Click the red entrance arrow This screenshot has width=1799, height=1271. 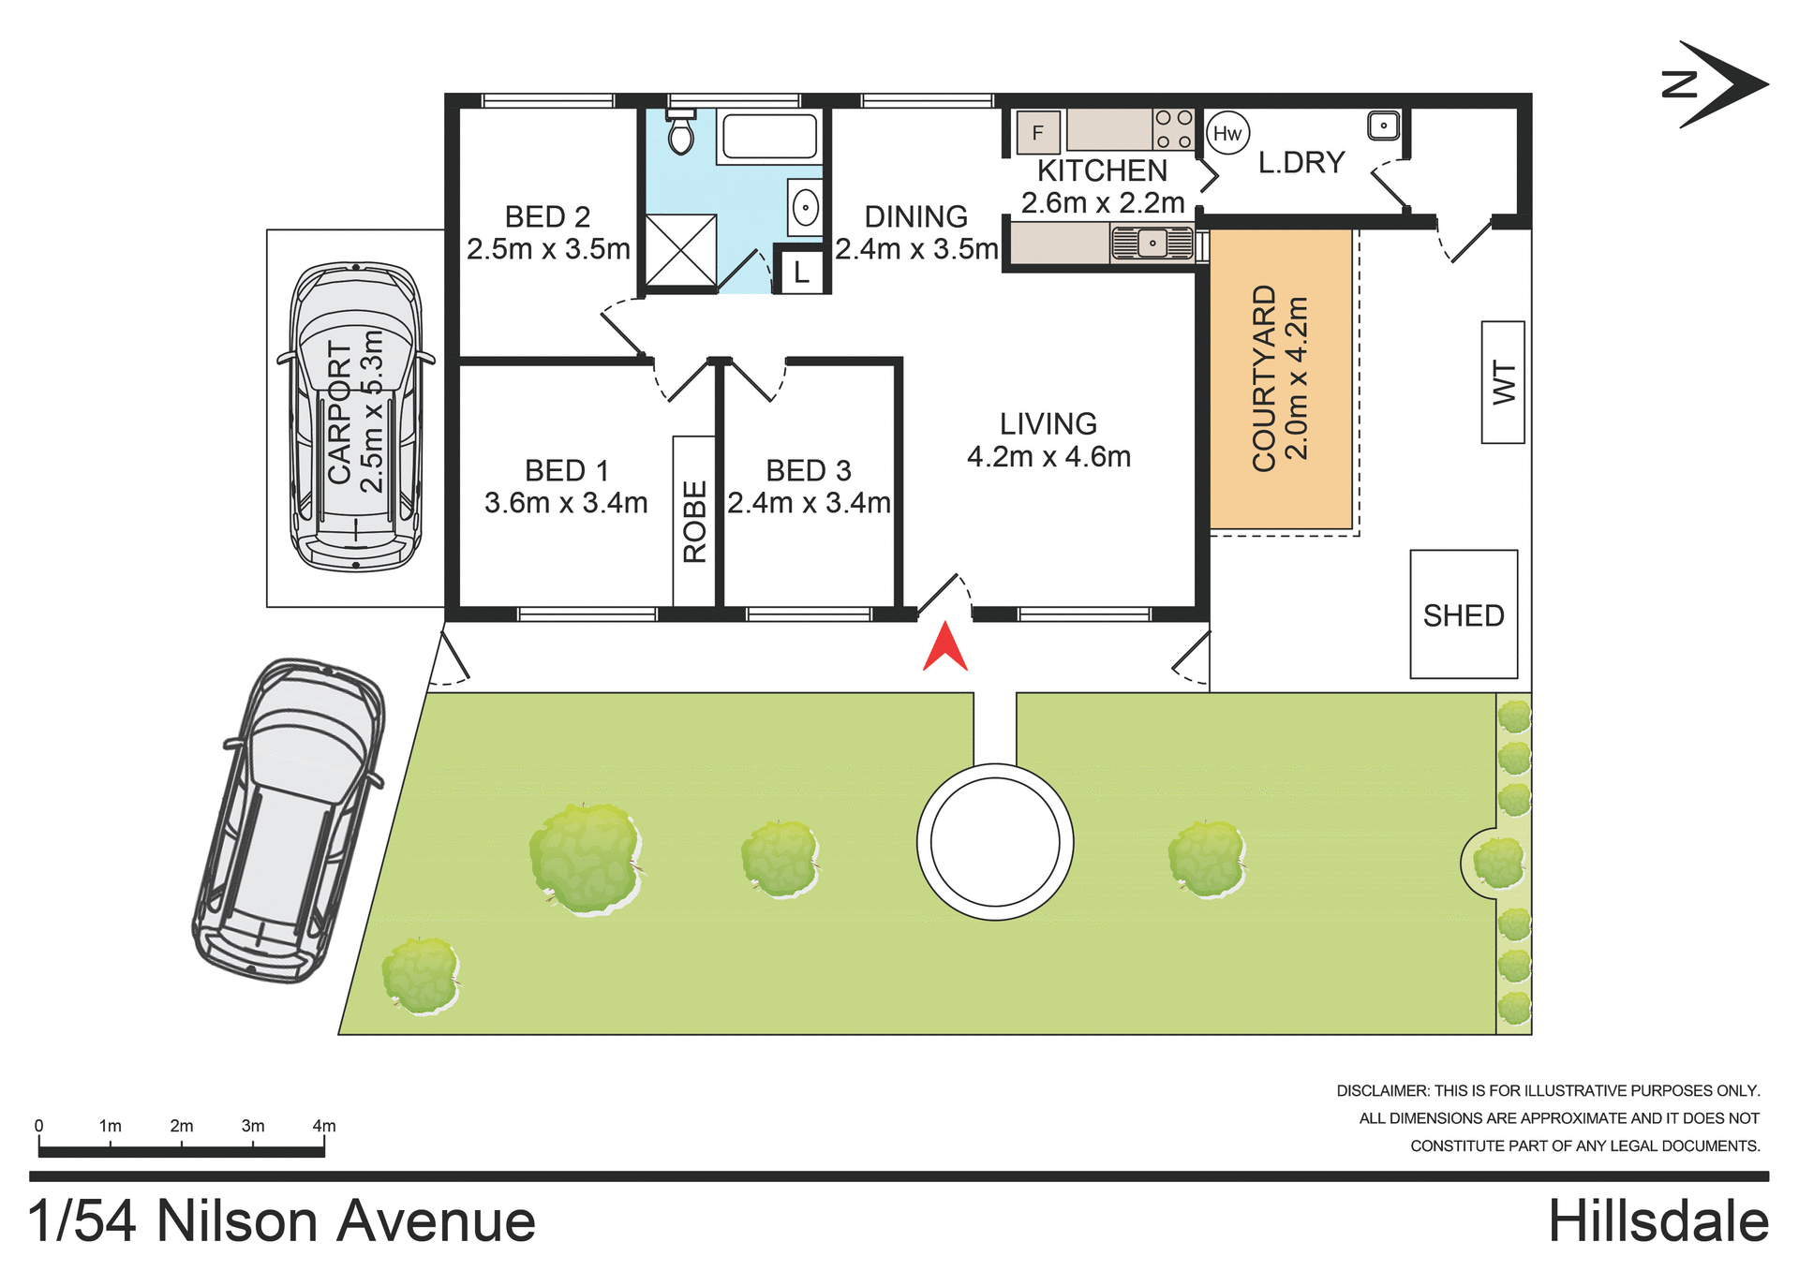coord(944,649)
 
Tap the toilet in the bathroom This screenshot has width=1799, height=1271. coord(681,132)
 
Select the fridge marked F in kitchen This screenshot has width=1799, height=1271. coord(1038,132)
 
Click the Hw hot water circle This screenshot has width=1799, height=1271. coord(1227,133)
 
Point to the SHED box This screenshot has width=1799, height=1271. coord(1464,614)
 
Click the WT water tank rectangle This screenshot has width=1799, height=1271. coord(1503,382)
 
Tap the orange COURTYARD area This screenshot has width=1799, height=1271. coord(1281,379)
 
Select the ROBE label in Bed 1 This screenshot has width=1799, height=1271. coord(694,521)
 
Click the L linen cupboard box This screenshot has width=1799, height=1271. coord(801,271)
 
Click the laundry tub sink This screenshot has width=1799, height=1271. coord(1383,125)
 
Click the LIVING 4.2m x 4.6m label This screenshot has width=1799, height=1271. coord(1048,440)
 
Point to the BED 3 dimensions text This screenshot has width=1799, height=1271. coord(809,503)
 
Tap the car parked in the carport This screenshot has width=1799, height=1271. coord(356,417)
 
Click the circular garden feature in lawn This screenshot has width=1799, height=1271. coord(995,842)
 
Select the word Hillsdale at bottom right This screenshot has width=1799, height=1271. coord(1658,1221)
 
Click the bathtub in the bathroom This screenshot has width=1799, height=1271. coord(770,137)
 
